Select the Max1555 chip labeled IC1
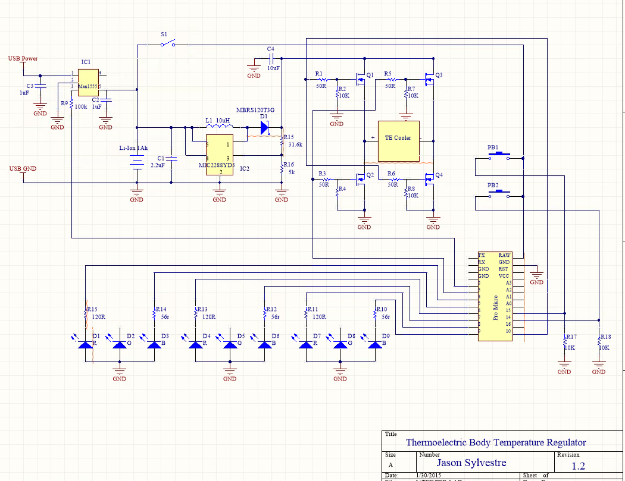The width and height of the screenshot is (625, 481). pos(88,81)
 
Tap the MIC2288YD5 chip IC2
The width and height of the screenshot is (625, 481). pos(219,155)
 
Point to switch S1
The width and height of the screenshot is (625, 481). pos(169,44)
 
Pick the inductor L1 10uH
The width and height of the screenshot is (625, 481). pos(218,127)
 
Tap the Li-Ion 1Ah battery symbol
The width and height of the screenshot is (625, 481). pos(137,164)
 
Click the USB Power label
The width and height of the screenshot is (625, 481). pos(23,59)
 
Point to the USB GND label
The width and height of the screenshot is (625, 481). pos(23,169)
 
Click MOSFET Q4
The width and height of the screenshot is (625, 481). pos(429,178)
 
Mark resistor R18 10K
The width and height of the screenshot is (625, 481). pos(599,343)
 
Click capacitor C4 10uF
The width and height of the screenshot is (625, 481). pos(271,59)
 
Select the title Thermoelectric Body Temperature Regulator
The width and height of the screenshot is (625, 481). pos(495,442)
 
